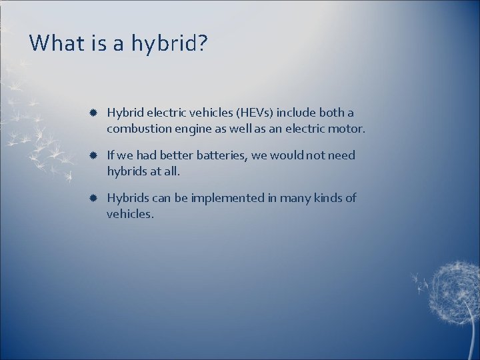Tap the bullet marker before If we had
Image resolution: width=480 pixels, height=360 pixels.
(x=93, y=156)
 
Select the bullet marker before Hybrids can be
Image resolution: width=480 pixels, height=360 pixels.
(x=93, y=199)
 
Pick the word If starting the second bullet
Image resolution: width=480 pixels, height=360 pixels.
(x=111, y=155)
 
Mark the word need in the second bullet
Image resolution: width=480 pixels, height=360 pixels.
(x=341, y=155)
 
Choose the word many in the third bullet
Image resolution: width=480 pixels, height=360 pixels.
(x=294, y=198)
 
